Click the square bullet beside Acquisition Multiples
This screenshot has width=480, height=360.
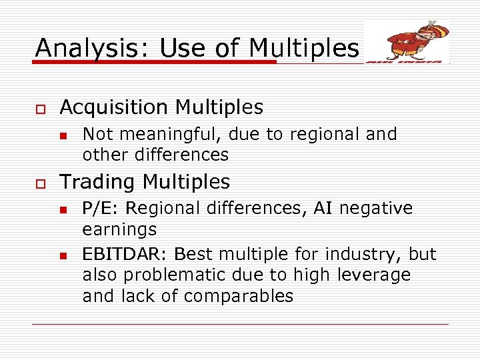(39, 107)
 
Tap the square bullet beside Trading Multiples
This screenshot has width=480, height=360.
(39, 182)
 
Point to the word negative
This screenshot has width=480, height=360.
(377, 209)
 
